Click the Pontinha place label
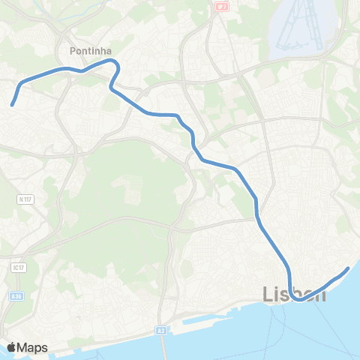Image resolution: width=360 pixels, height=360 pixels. pos(90,51)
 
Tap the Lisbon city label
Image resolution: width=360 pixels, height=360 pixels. pos(295,294)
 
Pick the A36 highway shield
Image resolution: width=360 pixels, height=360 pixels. pos(16,296)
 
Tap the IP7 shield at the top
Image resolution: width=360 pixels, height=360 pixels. pos(220,5)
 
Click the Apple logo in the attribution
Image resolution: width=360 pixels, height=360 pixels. pos(12,347)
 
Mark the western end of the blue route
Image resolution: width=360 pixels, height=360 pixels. pos(13,105)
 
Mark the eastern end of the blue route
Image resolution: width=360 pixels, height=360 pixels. pos(348,268)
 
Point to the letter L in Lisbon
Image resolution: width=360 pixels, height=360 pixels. pos(268,294)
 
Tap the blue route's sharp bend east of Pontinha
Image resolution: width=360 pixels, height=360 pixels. pos(117,66)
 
